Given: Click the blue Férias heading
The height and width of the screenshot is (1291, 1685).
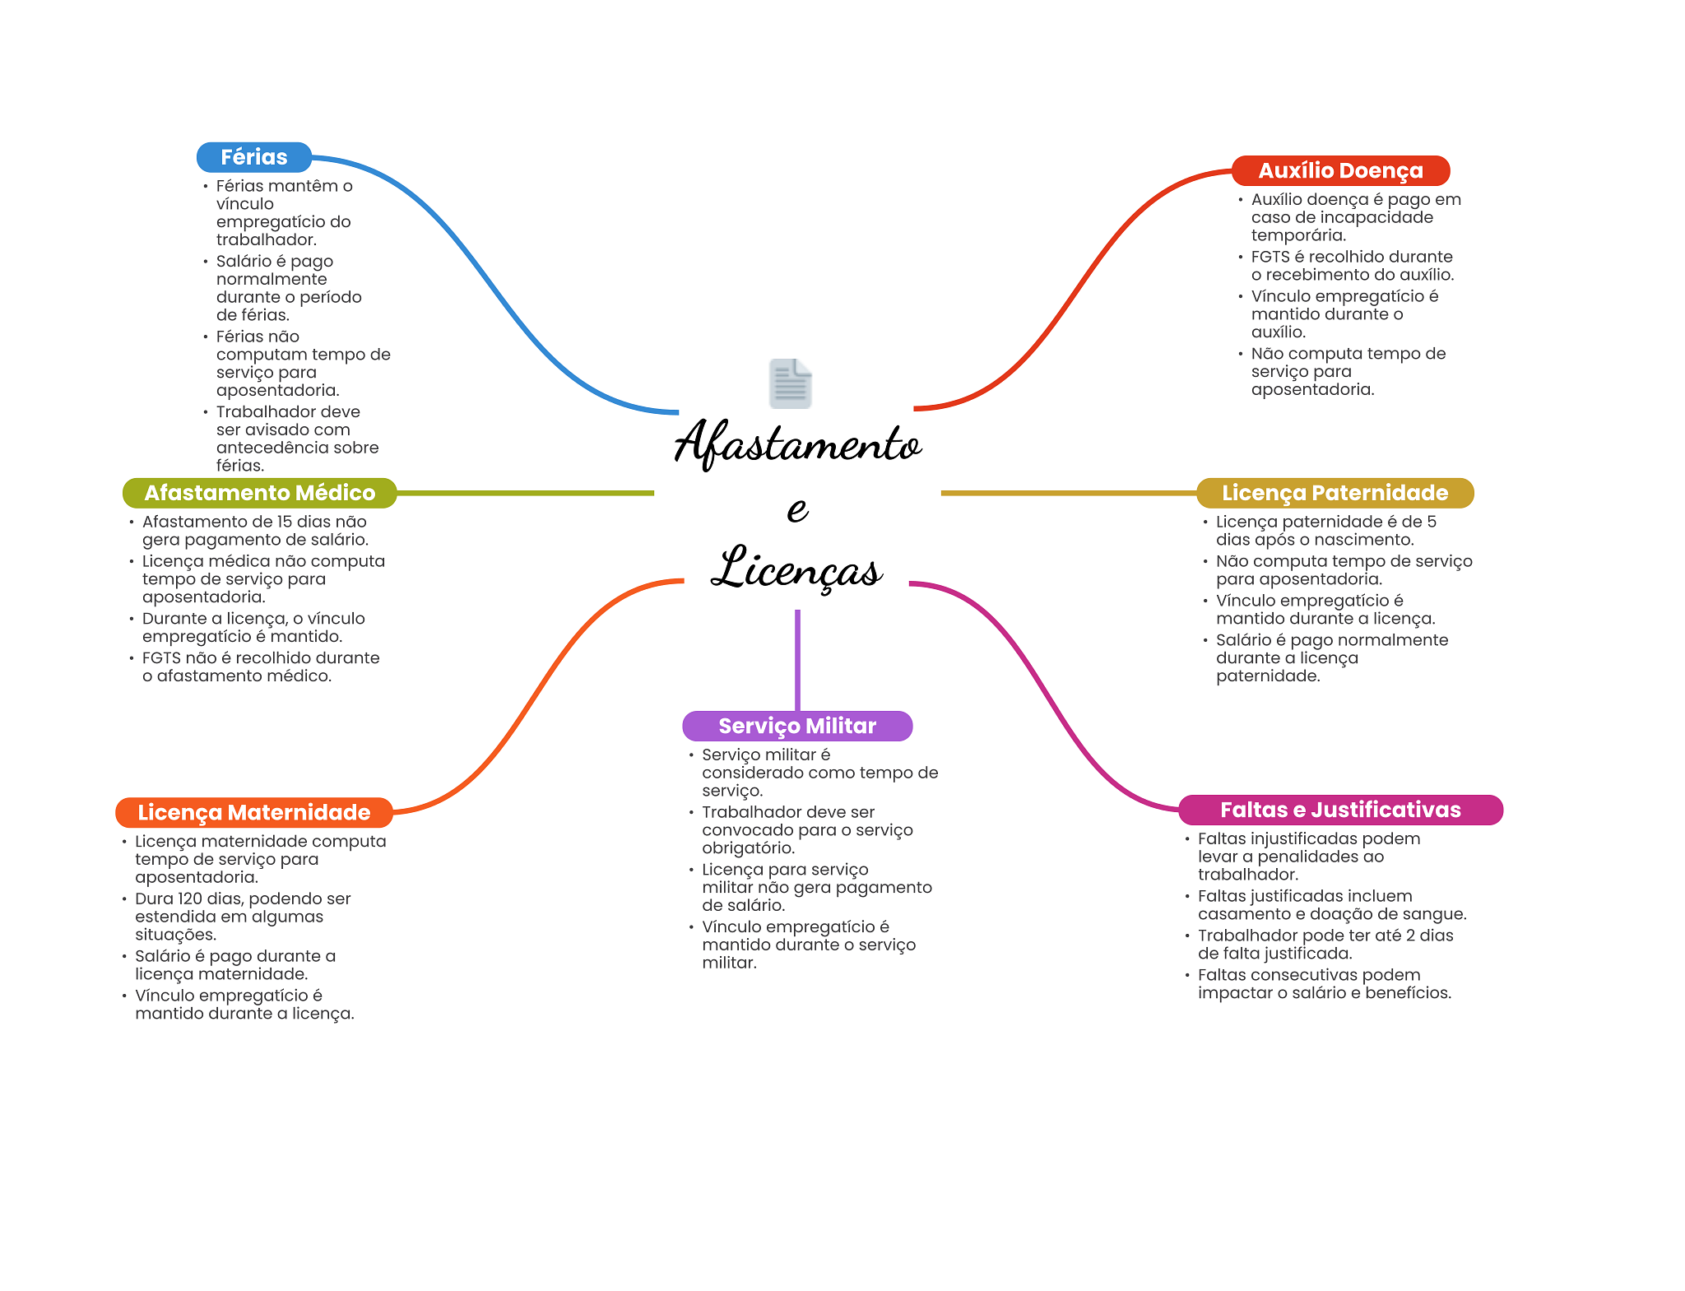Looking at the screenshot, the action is [253, 157].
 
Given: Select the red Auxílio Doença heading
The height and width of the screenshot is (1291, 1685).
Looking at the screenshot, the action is [1340, 170].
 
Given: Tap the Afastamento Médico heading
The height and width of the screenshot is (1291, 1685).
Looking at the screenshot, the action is [259, 493].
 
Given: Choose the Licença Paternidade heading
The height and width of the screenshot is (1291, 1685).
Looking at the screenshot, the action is [1335, 493].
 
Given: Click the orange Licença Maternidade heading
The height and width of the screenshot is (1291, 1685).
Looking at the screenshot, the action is [253, 812].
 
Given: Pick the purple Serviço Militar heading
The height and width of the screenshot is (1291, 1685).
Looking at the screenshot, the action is [797, 726].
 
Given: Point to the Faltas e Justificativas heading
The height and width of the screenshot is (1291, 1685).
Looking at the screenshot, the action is [1340, 810].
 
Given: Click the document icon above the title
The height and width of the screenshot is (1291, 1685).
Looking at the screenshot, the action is [790, 383].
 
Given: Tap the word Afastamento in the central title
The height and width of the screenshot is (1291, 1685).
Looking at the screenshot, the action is [797, 444].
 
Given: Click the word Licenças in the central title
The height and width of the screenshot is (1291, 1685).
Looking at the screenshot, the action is [797, 569].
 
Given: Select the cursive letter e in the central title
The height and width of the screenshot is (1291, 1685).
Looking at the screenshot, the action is [797, 509].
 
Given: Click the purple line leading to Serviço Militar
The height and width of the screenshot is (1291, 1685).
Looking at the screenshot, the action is [797, 658].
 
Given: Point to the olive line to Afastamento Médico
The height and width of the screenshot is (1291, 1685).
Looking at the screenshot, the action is [527, 493].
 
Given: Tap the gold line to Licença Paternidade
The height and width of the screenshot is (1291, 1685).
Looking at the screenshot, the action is [1070, 493].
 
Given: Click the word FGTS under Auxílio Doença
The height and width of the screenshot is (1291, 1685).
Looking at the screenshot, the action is [1270, 257].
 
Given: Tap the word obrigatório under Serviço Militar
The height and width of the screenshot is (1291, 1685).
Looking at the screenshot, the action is [748, 848].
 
